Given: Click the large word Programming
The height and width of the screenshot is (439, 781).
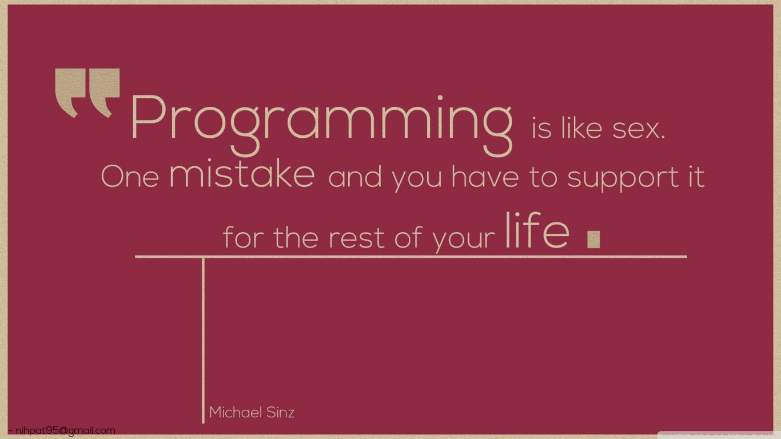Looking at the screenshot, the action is (x=321, y=126).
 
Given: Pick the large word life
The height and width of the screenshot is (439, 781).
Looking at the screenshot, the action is (x=537, y=230).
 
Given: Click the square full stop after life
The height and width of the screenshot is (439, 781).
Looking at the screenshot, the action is (x=593, y=240).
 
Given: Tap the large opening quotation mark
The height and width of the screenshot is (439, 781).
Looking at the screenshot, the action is (x=87, y=93).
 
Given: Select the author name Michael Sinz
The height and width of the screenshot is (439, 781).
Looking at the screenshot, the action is (x=252, y=413).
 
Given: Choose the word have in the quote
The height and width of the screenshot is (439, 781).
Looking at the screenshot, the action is (x=485, y=177).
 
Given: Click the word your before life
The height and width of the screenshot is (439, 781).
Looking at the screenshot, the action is (x=463, y=241).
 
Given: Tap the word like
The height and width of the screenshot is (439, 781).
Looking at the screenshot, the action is (x=581, y=129).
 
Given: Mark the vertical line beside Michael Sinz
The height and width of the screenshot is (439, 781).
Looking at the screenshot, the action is (x=204, y=340).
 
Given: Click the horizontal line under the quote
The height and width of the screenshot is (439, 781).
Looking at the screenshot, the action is (x=411, y=257).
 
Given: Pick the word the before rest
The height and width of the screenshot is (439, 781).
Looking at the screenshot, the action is (x=296, y=237).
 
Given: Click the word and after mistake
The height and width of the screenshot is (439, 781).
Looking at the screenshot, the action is (x=355, y=177).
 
